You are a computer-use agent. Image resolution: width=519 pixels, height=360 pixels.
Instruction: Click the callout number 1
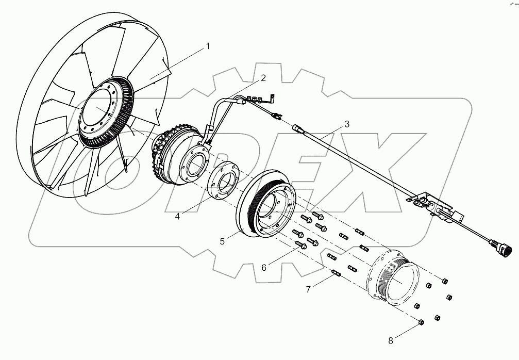pyautogui.click(x=208, y=46)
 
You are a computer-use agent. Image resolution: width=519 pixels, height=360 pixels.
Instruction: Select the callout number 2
pyautogui.click(x=263, y=78)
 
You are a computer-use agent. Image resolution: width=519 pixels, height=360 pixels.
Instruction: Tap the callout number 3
pyautogui.click(x=347, y=124)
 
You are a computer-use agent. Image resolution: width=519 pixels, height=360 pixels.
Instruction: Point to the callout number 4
pyautogui.click(x=177, y=217)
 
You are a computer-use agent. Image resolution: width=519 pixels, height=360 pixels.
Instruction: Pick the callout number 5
pyautogui.click(x=222, y=241)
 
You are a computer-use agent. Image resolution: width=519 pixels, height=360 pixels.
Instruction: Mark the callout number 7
pyautogui.click(x=309, y=289)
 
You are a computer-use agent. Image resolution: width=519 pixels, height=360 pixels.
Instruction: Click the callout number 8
pyautogui.click(x=390, y=340)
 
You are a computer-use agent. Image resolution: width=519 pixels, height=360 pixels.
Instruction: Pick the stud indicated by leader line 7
pyautogui.click(x=336, y=273)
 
